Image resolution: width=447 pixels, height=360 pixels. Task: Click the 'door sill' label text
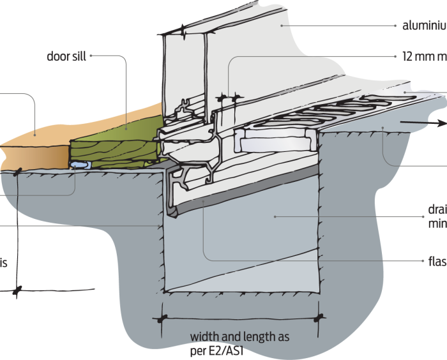point(66,56)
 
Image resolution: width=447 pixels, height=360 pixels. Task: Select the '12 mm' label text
point(415,56)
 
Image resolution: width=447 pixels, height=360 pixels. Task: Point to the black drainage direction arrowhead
point(440,124)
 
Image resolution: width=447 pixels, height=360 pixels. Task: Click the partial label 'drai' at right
point(436,211)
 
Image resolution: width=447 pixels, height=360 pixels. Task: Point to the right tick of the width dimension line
point(320,316)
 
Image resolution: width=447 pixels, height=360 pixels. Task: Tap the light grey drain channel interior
point(255,243)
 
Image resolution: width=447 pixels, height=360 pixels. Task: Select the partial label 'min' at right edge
point(437,224)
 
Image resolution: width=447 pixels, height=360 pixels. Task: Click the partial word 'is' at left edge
point(4,262)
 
